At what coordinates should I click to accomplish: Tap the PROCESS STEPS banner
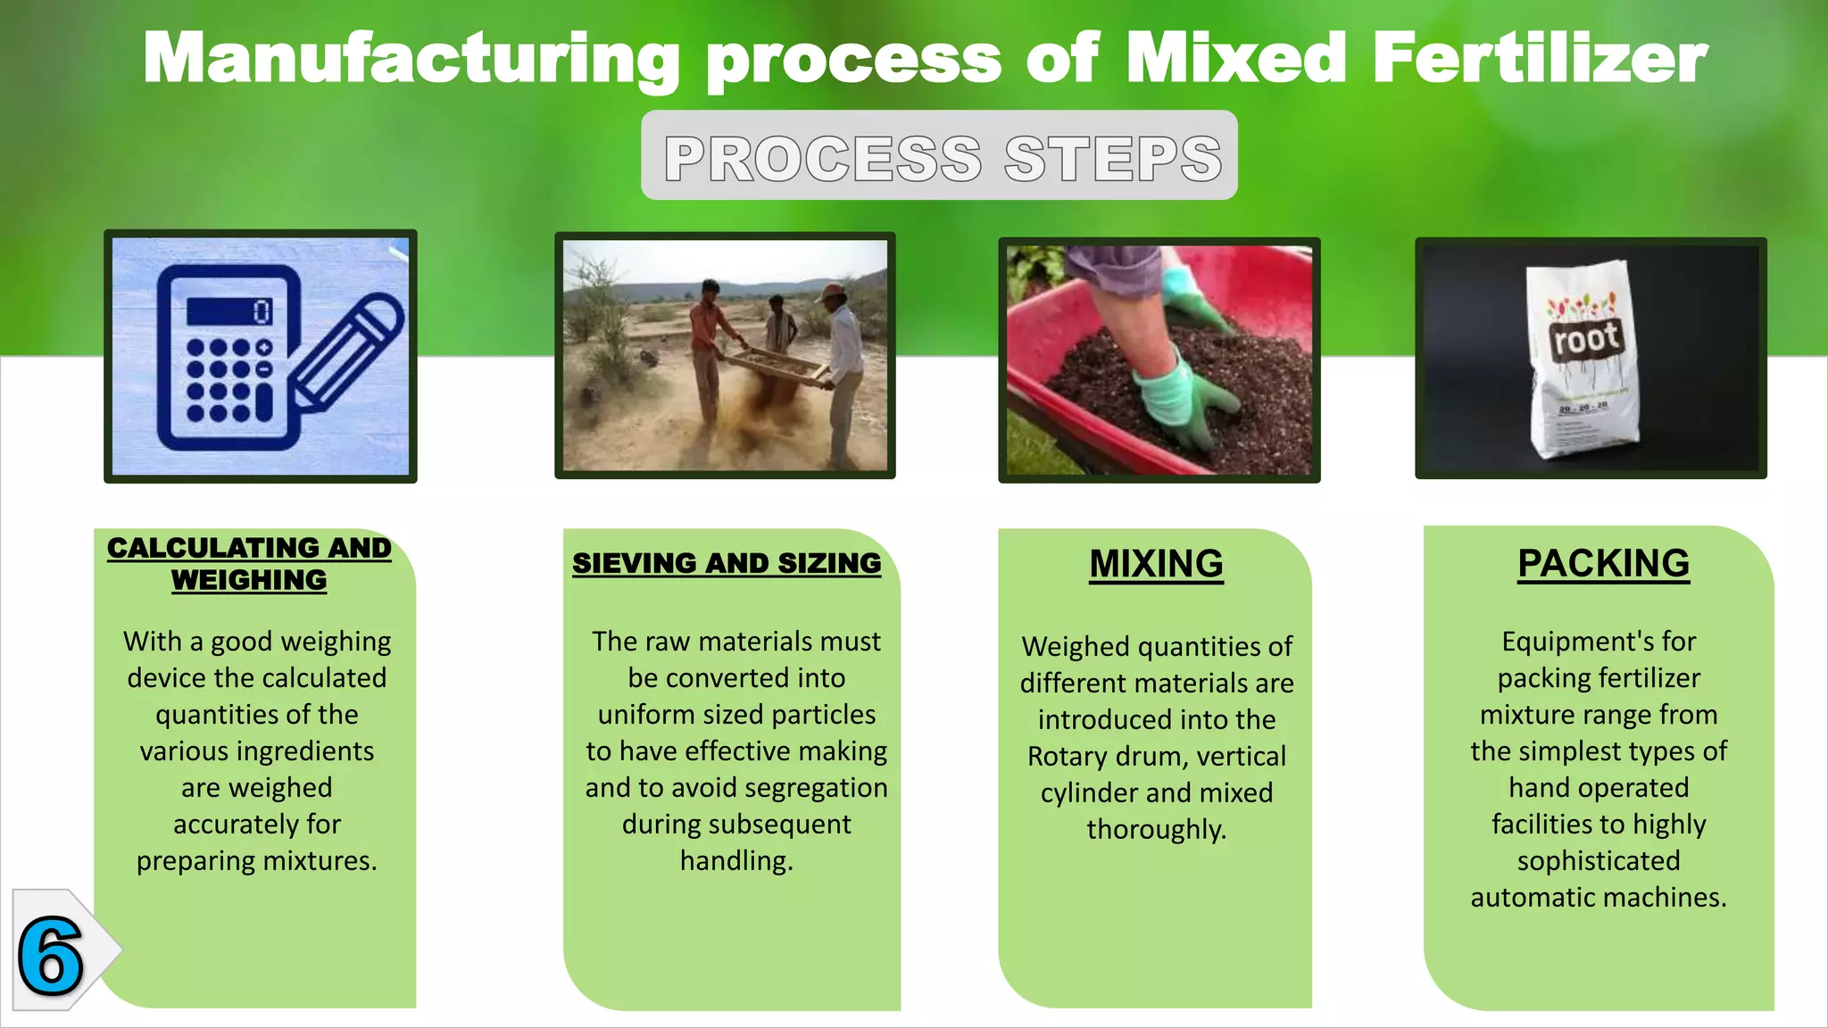pyautogui.click(x=939, y=156)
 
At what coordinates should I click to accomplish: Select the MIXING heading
pyautogui.click(x=1156, y=564)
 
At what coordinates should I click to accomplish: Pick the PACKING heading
pyautogui.click(x=1603, y=563)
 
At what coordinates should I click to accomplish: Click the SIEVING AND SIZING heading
pyautogui.click(x=727, y=563)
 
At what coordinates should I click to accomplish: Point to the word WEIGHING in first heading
pyautogui.click(x=249, y=580)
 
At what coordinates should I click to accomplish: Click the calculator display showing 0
pyautogui.click(x=229, y=311)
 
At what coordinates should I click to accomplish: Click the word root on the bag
pyautogui.click(x=1585, y=340)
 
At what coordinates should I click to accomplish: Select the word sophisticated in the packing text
pyautogui.click(x=1599, y=861)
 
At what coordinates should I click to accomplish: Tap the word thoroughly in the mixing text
pyautogui.click(x=1156, y=830)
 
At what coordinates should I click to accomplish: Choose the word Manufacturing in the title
pyautogui.click(x=411, y=59)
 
